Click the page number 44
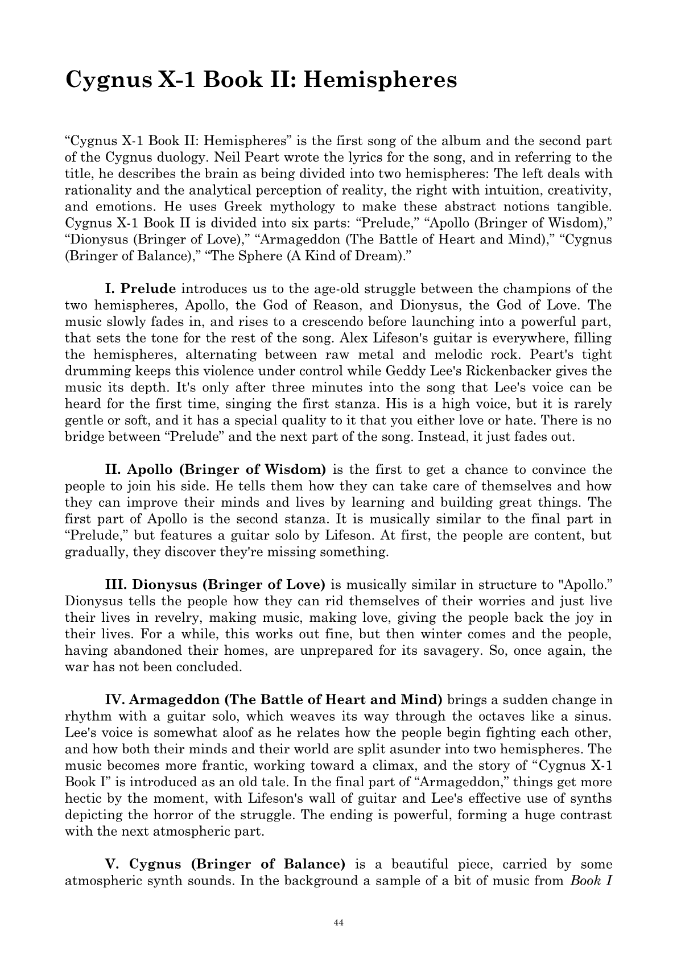coord(338,923)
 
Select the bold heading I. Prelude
coord(141,289)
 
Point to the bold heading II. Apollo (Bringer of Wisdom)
coord(216,470)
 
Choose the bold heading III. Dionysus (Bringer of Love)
coord(215,585)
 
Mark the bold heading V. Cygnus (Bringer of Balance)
coord(225,864)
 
